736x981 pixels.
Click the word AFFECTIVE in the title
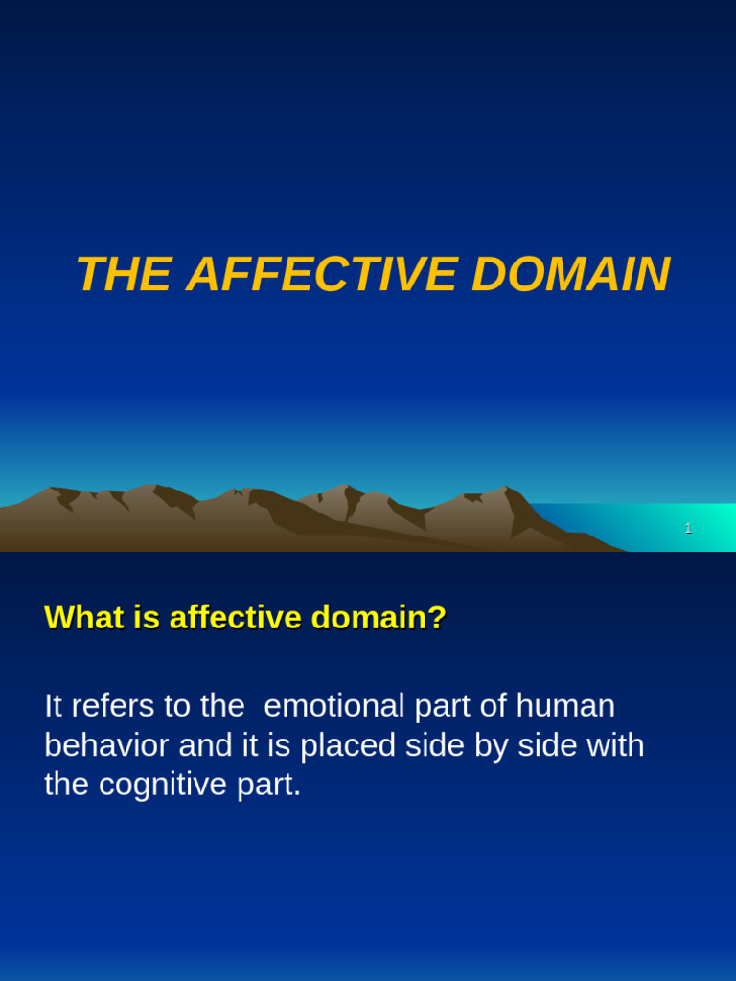(322, 275)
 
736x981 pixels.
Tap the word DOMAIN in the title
(570, 275)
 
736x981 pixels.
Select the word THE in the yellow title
(124, 275)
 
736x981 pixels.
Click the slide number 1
(688, 528)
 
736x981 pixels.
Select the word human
(565, 706)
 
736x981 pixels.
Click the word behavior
(105, 745)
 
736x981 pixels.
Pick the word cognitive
(163, 785)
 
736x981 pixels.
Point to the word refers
(113, 706)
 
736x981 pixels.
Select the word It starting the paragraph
(53, 706)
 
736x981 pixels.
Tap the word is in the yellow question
(147, 618)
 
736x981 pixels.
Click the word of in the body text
(493, 706)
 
